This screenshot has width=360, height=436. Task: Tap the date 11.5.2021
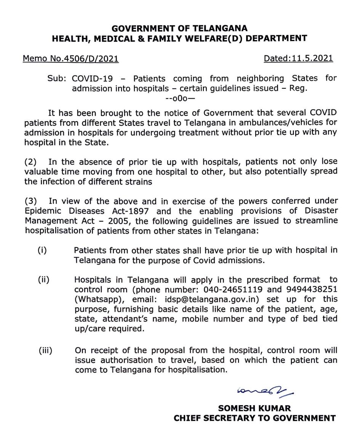[x=312, y=58]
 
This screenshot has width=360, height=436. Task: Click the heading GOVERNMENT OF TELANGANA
[x=179, y=28]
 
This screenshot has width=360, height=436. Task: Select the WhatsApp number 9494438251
[x=313, y=289]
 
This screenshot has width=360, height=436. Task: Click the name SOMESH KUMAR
[x=255, y=408]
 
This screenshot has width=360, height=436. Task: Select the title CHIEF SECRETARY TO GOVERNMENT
[x=255, y=418]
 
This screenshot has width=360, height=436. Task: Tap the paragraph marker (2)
[x=30, y=162]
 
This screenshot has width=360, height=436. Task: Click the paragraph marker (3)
[x=30, y=201]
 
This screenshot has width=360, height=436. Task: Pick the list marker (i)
[x=42, y=250]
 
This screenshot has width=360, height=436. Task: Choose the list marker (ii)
[x=43, y=279]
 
